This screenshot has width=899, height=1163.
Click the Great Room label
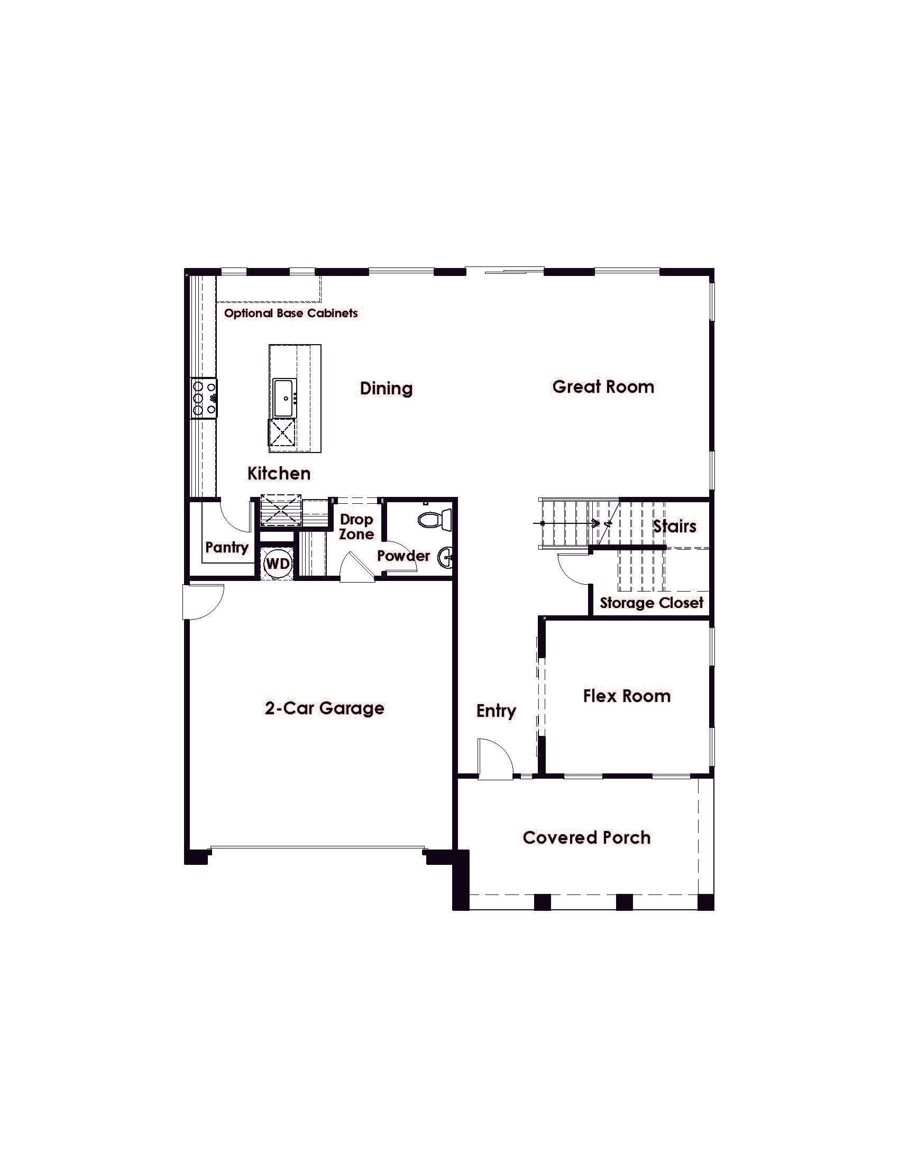(x=603, y=386)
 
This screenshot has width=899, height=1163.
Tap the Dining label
(x=386, y=388)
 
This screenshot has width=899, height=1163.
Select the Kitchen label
(x=279, y=474)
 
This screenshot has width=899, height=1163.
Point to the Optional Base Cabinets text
(x=291, y=313)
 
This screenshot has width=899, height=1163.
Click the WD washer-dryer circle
(x=278, y=564)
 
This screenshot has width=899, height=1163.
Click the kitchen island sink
(x=285, y=398)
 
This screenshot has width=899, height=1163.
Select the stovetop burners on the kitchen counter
(x=204, y=397)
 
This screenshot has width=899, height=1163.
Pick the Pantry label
(x=227, y=548)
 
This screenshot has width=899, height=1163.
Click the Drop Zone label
(x=356, y=527)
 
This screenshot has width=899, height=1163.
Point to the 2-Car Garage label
(x=324, y=708)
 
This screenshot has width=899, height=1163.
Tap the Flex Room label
(x=627, y=696)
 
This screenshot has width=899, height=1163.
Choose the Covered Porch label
(x=586, y=838)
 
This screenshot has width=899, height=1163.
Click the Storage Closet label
(x=652, y=603)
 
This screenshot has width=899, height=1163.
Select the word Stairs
(x=675, y=526)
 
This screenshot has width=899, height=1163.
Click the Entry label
(x=496, y=712)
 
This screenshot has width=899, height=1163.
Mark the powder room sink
(x=446, y=559)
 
